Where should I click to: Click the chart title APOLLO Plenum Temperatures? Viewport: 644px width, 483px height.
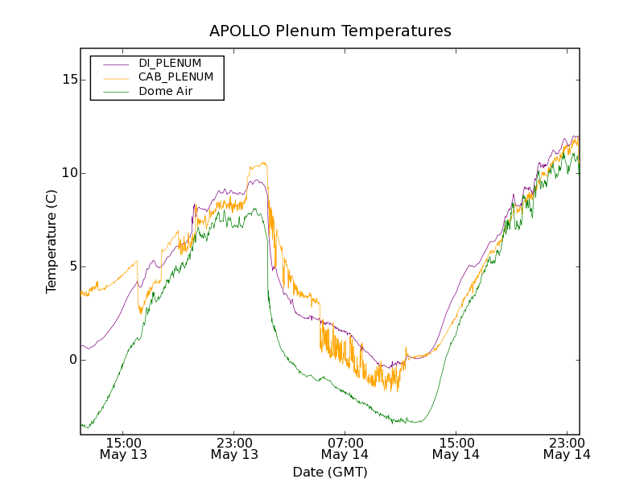click(330, 31)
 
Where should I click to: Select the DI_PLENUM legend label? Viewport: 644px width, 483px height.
click(170, 63)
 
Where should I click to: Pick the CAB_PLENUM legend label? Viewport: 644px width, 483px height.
click(175, 77)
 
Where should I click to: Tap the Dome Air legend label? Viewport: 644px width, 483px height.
click(165, 92)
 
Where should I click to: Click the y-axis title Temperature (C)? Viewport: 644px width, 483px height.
click(52, 242)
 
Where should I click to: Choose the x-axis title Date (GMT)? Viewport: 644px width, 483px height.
click(330, 473)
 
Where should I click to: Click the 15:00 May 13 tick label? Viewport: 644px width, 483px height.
click(123, 448)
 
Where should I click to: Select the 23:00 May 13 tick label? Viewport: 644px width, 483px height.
click(234, 448)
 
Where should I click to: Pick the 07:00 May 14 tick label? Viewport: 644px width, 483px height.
click(345, 448)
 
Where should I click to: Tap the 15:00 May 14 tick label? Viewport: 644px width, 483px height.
click(456, 448)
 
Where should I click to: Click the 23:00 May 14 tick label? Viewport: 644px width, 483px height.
click(566, 448)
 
